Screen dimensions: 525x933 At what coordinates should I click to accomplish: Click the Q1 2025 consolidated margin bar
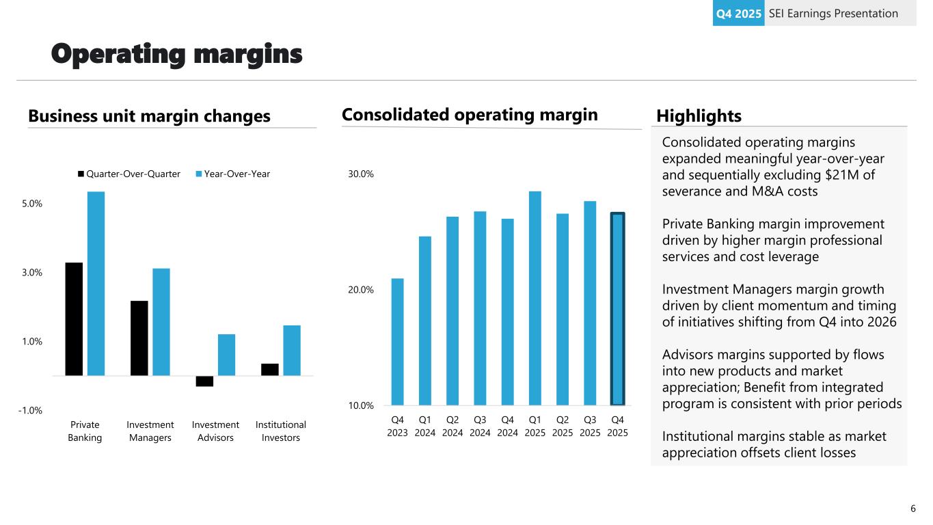tap(535, 298)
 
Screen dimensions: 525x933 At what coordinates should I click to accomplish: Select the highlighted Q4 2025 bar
tap(617, 309)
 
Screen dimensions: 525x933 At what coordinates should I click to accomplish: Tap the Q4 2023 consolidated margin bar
tap(397, 341)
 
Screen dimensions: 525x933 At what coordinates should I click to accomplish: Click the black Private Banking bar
tap(74, 319)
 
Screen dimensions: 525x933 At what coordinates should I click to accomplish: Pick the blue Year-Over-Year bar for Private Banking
tap(96, 283)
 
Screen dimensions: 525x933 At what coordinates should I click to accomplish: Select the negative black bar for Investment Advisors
tap(204, 381)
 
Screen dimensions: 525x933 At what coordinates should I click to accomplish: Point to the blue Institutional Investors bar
tap(292, 350)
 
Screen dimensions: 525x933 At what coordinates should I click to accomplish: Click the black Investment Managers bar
tap(139, 338)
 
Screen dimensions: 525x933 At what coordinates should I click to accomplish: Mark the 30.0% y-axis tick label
tap(360, 174)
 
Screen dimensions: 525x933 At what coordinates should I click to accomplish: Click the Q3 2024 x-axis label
tap(480, 426)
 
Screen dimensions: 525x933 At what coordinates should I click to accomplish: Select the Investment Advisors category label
tap(215, 431)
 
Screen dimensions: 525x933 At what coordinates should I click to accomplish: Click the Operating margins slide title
tap(177, 55)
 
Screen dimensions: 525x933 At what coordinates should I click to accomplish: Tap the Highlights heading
tap(699, 116)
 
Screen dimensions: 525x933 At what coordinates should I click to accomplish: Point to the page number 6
tap(913, 508)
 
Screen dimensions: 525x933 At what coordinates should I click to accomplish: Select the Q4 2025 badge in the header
tap(738, 13)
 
